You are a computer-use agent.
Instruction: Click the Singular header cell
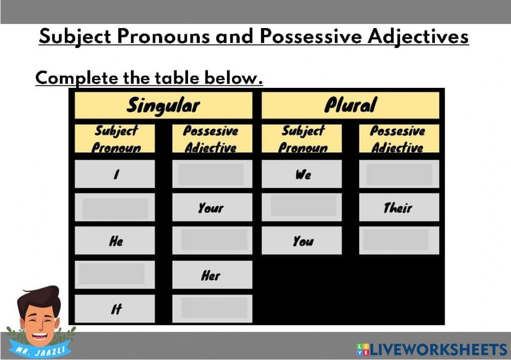[163, 105]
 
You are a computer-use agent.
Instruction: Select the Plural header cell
[350, 105]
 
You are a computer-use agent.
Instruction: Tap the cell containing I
[115, 174]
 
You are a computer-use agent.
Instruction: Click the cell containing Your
[212, 207]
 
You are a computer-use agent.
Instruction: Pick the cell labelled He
[115, 241]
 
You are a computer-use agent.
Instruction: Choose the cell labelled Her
[212, 275]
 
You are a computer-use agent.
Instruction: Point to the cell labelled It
[115, 308]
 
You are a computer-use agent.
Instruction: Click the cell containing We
[302, 174]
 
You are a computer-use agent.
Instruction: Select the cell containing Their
[399, 207]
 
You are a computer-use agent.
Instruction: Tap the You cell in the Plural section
[302, 241]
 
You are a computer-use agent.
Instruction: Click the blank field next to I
[212, 174]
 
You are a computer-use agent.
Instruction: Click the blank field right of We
[399, 174]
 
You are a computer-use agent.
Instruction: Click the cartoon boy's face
[39, 316]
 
